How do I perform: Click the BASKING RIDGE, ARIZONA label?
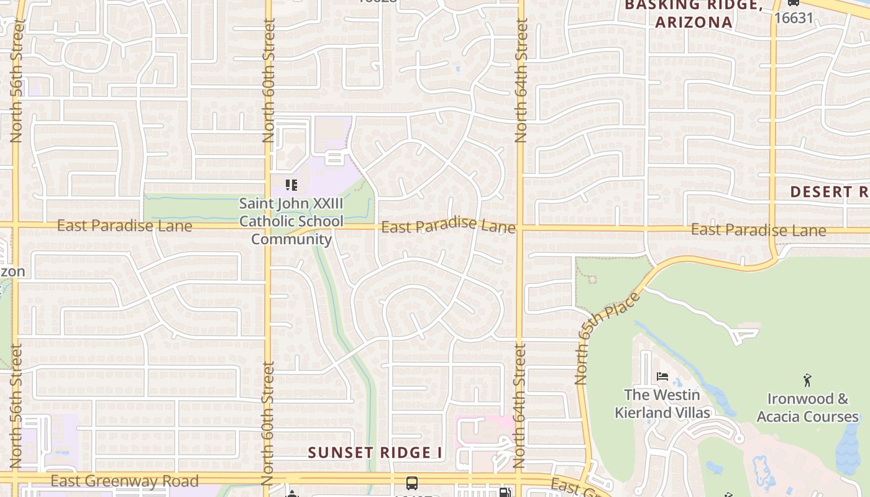click(x=694, y=14)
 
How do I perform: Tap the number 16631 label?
click(x=794, y=17)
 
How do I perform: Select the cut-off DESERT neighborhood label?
click(x=829, y=191)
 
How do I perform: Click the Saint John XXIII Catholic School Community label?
click(x=291, y=221)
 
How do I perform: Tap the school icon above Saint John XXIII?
click(x=291, y=185)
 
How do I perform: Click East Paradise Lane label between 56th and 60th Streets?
click(x=124, y=226)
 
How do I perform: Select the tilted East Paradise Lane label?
click(x=448, y=226)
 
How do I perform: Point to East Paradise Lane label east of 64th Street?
click(x=758, y=230)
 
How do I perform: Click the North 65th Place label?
click(x=607, y=338)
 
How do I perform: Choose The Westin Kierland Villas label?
click(x=662, y=404)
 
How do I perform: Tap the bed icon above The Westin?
click(x=662, y=376)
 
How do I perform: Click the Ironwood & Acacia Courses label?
click(x=807, y=408)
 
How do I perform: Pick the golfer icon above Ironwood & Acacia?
click(x=807, y=380)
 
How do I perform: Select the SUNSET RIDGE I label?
click(x=375, y=452)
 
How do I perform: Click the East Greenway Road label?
click(x=124, y=481)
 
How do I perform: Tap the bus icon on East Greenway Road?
click(x=411, y=483)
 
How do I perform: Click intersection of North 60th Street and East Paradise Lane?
click(x=268, y=225)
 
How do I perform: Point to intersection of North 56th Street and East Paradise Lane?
click(x=16, y=224)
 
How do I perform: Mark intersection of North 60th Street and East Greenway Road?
click(x=268, y=478)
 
